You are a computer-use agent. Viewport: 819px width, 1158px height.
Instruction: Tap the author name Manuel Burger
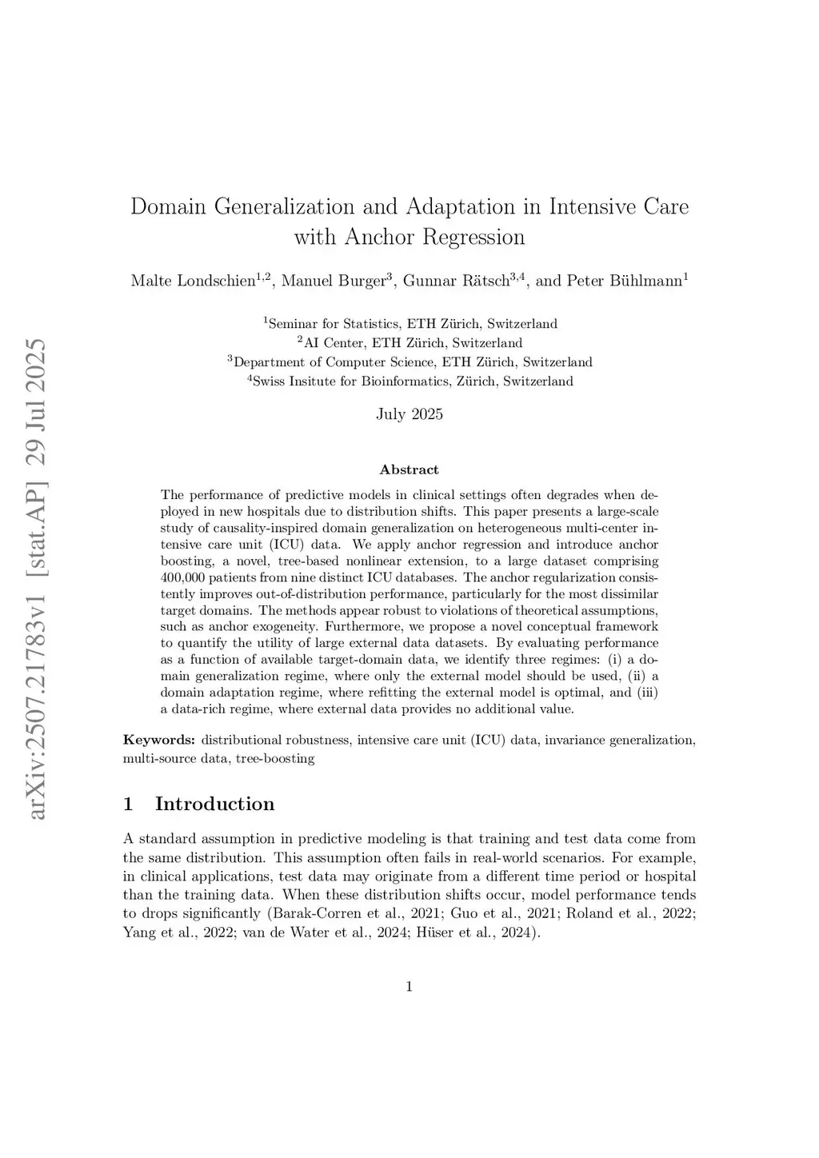click(334, 281)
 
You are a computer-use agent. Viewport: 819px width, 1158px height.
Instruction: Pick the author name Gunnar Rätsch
click(456, 281)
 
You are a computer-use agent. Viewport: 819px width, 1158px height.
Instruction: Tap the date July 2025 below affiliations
click(409, 414)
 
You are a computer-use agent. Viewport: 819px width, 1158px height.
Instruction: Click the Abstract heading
click(409, 469)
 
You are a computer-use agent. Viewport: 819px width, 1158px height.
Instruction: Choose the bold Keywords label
click(158, 740)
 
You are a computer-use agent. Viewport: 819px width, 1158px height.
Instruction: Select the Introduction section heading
click(214, 804)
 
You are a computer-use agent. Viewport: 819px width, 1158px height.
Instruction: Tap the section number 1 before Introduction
click(128, 804)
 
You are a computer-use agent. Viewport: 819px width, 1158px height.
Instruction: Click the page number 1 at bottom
click(409, 987)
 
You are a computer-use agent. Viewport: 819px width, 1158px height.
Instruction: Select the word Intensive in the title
click(591, 206)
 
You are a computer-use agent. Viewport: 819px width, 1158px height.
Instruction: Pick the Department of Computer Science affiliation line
click(409, 362)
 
